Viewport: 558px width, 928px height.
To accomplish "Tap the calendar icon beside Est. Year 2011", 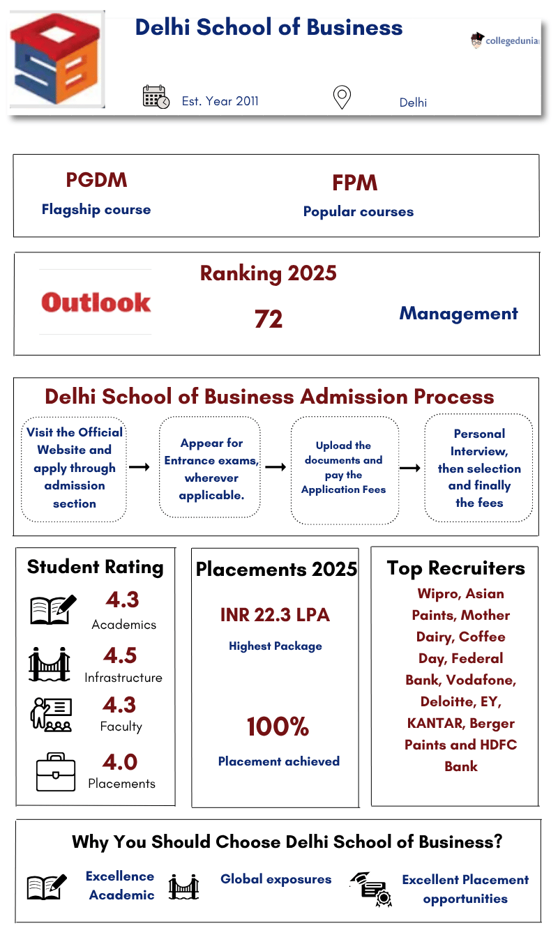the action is (x=156, y=97).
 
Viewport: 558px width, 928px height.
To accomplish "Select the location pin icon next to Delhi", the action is (x=342, y=98).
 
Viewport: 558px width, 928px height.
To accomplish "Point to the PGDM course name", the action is (x=96, y=180).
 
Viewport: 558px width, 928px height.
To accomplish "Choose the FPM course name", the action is (x=355, y=183).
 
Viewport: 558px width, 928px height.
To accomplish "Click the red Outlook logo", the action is (x=96, y=302).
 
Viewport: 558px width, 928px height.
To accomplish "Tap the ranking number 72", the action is (x=269, y=319).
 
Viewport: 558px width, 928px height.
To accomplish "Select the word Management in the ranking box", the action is (x=458, y=314).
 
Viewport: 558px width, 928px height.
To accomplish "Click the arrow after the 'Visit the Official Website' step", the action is (x=139, y=467).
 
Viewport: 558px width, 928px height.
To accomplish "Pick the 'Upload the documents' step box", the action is (x=345, y=469).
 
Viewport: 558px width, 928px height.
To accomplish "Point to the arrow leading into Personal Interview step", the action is (x=409, y=468).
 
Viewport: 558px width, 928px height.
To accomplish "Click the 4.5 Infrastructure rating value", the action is (x=120, y=655).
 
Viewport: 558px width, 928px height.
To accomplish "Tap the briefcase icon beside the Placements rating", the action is (x=56, y=773).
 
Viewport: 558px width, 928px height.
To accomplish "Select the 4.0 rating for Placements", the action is (x=121, y=761).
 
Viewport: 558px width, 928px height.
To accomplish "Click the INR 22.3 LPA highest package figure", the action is (x=275, y=615).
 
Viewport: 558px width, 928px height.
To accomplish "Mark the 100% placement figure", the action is (x=278, y=727).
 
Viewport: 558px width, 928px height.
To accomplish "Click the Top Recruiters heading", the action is (x=455, y=568).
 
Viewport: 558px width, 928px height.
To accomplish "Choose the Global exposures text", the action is (x=276, y=879).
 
